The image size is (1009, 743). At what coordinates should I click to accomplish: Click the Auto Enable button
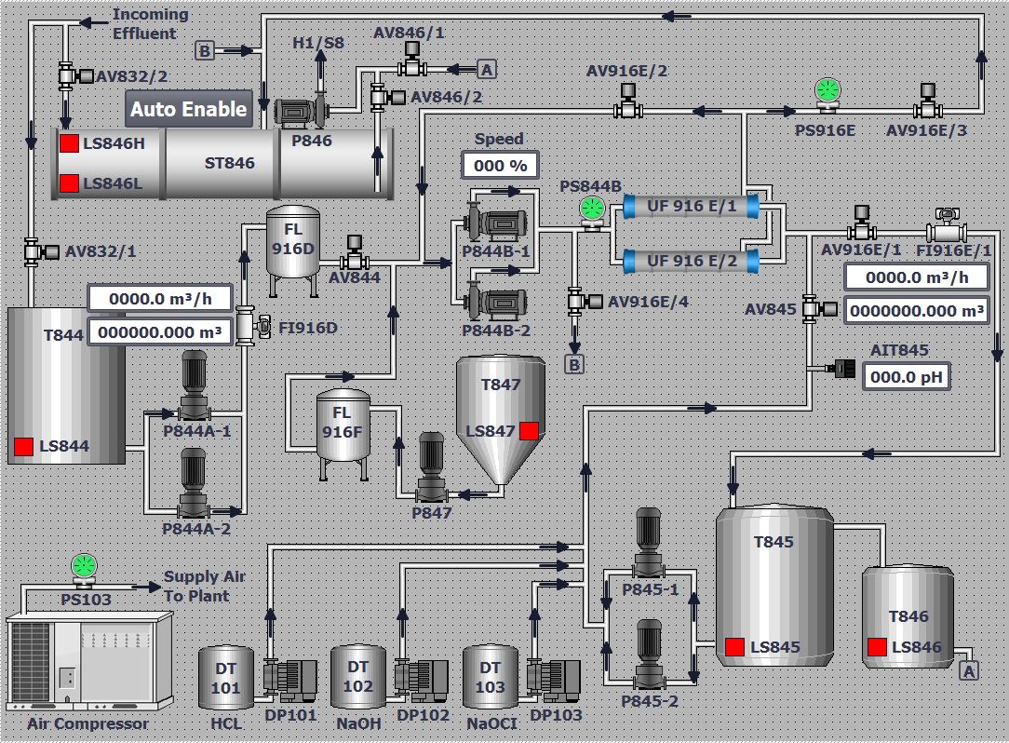pyautogui.click(x=189, y=109)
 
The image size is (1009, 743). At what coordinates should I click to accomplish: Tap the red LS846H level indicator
pyautogui.click(x=69, y=144)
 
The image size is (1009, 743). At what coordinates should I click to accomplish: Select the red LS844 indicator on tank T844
pyautogui.click(x=23, y=447)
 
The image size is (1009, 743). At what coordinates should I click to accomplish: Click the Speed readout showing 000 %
pyautogui.click(x=500, y=166)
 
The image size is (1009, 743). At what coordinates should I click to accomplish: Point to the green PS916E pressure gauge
pyautogui.click(x=827, y=90)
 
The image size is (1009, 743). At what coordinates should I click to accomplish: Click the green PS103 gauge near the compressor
pyautogui.click(x=84, y=566)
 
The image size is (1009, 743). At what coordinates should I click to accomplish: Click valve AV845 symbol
pyautogui.click(x=810, y=307)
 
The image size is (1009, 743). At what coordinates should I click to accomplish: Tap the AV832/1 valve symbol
pyautogui.click(x=34, y=250)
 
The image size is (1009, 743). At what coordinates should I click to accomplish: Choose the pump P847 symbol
pyautogui.click(x=431, y=470)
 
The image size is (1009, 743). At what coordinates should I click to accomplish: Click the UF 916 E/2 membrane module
pyautogui.click(x=692, y=261)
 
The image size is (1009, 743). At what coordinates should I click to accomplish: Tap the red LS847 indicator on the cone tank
pyautogui.click(x=529, y=430)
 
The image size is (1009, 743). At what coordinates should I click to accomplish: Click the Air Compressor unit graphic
pyautogui.click(x=89, y=662)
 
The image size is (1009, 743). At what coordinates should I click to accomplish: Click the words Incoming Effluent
pyautogui.click(x=149, y=24)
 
